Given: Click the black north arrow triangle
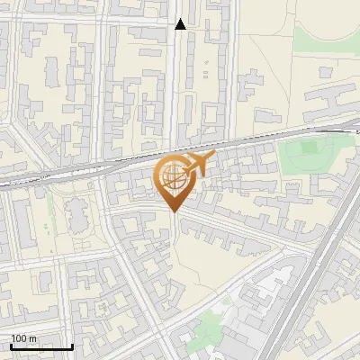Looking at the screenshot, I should (180, 24).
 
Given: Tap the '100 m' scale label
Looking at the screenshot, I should (24, 337).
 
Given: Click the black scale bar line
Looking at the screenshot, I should (41, 346).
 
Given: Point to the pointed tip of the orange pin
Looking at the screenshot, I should (173, 211).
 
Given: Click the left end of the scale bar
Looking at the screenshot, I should (12, 346).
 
